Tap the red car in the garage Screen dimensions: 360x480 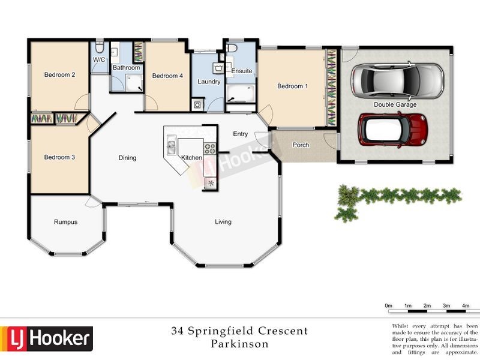[x=392, y=128]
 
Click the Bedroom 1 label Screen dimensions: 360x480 [x=292, y=86]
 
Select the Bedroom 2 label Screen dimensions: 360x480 [x=59, y=75]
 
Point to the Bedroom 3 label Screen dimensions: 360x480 [x=59, y=157]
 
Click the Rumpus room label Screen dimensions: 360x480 [x=65, y=222]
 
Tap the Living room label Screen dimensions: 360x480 [x=223, y=222]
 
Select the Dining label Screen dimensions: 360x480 [x=127, y=158]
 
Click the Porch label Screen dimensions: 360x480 [x=301, y=145]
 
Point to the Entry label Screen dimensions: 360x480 [x=241, y=134]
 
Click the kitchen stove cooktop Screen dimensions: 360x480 [x=210, y=148]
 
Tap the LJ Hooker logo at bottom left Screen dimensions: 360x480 [x=47, y=339]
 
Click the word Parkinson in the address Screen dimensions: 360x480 [x=239, y=344]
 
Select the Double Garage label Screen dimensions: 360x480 [x=395, y=104]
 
